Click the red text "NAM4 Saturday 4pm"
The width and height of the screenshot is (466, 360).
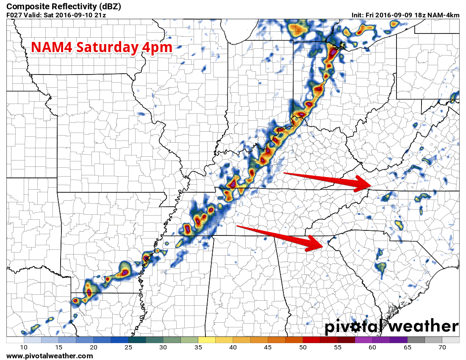pyautogui.click(x=102, y=47)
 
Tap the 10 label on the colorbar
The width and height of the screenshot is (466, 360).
pyautogui.click(x=24, y=347)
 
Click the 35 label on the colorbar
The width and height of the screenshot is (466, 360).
pyautogui.click(x=198, y=347)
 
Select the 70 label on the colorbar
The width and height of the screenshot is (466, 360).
pyautogui.click(x=442, y=347)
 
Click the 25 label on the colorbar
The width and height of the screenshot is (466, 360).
pyautogui.click(x=128, y=347)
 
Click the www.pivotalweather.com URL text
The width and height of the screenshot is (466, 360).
pyautogui.click(x=50, y=356)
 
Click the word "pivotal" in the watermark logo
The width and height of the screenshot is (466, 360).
pyautogui.click(x=354, y=327)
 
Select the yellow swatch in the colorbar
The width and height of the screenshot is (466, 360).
pyautogui.click(x=207, y=340)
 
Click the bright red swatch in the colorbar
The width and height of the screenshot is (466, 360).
pyautogui.click(x=311, y=340)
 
